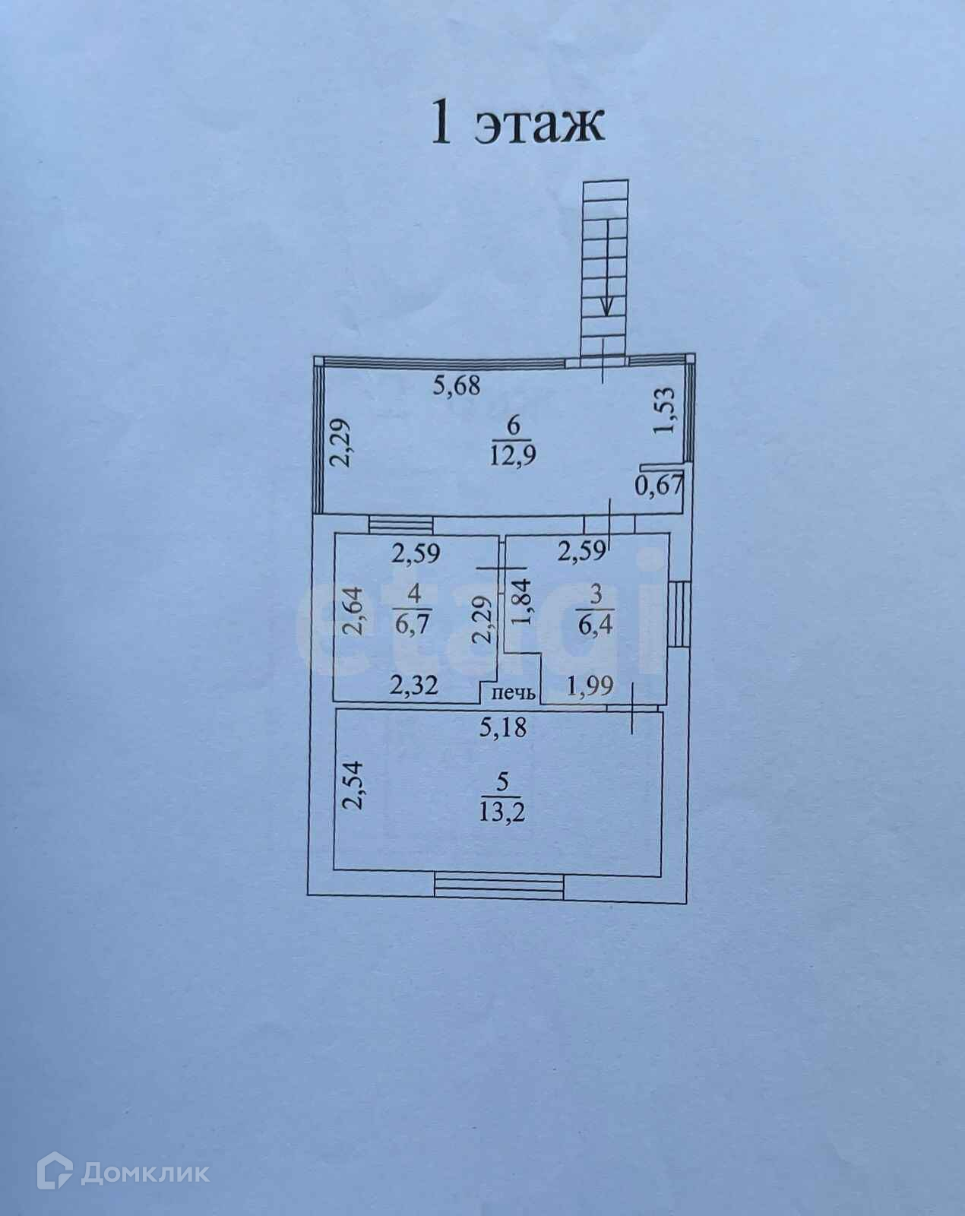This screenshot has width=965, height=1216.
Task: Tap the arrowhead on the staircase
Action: (x=607, y=307)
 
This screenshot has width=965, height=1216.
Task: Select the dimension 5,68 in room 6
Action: (x=457, y=386)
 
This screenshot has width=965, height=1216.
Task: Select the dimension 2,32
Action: (x=414, y=686)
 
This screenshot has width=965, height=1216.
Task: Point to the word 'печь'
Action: (x=515, y=693)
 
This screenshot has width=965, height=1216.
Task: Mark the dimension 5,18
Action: (x=502, y=728)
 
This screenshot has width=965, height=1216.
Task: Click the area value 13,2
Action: (x=502, y=812)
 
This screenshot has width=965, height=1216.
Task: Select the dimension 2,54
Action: (x=353, y=787)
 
